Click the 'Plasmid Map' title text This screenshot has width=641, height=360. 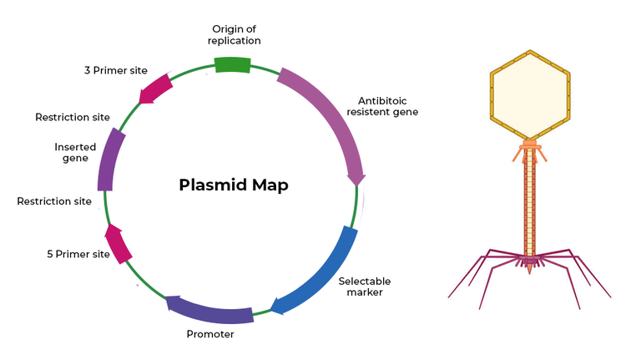coord(234,185)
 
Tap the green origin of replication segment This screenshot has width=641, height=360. coord(233,64)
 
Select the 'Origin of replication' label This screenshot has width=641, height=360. coord(234,34)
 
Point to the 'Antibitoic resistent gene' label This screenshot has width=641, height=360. coord(382,106)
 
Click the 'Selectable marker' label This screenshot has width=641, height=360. coord(365,286)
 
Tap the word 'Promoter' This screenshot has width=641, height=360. coord(209,334)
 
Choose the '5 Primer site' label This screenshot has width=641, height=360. coord(78,254)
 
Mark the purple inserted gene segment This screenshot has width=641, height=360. coord(109,161)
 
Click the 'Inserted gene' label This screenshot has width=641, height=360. coord(75,152)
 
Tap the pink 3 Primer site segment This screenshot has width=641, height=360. coord(156,89)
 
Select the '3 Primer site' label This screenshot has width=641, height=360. coord(116,70)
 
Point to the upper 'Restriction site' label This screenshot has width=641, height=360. coord(73,117)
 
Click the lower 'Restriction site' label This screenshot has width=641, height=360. coord(54,201)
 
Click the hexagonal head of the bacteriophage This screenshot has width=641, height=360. coord(529,94)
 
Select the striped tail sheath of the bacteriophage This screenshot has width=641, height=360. coord(529,205)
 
